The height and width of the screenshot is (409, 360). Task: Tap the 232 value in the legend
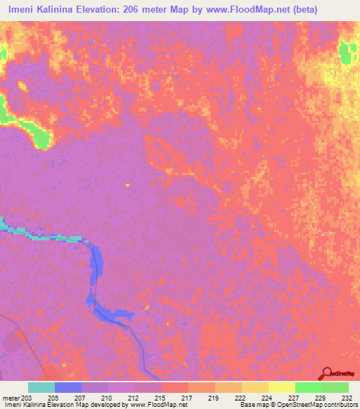[348, 397]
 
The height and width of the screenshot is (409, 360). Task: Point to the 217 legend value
[187, 397]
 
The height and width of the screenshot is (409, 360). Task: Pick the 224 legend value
[268, 397]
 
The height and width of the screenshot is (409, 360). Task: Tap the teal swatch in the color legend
[41, 387]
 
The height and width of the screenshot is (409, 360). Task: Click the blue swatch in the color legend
[68, 387]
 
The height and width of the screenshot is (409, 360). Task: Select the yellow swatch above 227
[281, 387]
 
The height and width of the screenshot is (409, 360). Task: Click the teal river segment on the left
[42, 236]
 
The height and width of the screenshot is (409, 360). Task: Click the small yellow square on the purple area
[127, 185]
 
